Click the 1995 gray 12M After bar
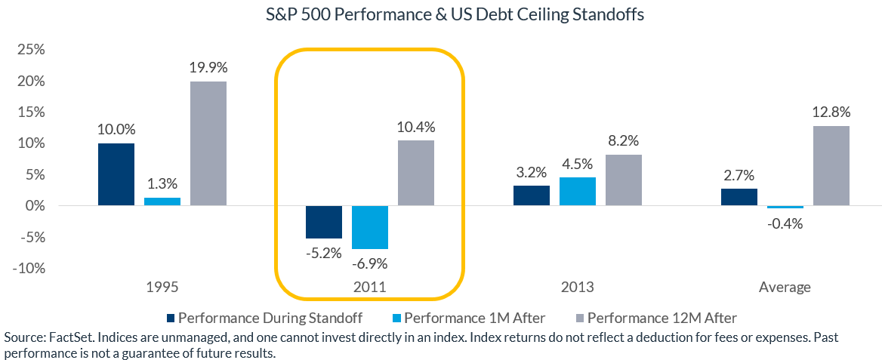pyautogui.click(x=208, y=143)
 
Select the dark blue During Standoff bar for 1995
pyautogui.click(x=116, y=174)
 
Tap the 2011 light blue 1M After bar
pyautogui.click(x=370, y=227)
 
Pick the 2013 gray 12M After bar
pyautogui.click(x=623, y=180)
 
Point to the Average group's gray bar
pyautogui.click(x=832, y=166)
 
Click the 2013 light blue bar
pyautogui.click(x=578, y=192)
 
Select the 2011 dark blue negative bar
pyautogui.click(x=324, y=222)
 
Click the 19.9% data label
pyautogui.click(x=208, y=67)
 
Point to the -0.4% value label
pyautogui.click(x=786, y=223)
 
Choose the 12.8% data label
pyautogui.click(x=832, y=112)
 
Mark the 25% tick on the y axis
pyautogui.click(x=29, y=50)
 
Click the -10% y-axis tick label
pyautogui.click(x=26, y=269)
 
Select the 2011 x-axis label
pyautogui.click(x=370, y=288)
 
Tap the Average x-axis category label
pyautogui.click(x=786, y=288)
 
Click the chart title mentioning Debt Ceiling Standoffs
pyautogui.click(x=440, y=15)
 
